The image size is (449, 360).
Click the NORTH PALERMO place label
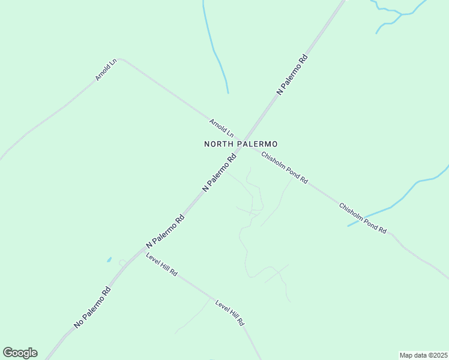(x=240, y=144)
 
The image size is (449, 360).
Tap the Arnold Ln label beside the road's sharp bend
(x=105, y=70)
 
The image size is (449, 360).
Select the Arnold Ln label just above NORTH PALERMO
(x=221, y=127)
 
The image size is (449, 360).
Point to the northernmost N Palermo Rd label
(x=292, y=74)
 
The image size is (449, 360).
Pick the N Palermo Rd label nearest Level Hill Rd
(x=165, y=231)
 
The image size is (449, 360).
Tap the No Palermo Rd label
(x=93, y=307)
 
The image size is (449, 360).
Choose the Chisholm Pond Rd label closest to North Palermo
(x=284, y=167)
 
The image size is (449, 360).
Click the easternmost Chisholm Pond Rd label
(x=363, y=218)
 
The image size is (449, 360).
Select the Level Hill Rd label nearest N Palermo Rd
(x=161, y=264)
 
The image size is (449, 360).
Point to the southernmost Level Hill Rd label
(x=230, y=313)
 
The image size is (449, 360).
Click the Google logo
(x=20, y=353)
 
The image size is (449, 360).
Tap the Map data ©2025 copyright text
(x=423, y=355)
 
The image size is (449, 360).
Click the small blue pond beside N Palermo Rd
(x=109, y=260)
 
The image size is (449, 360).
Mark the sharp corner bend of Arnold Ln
(x=120, y=59)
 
